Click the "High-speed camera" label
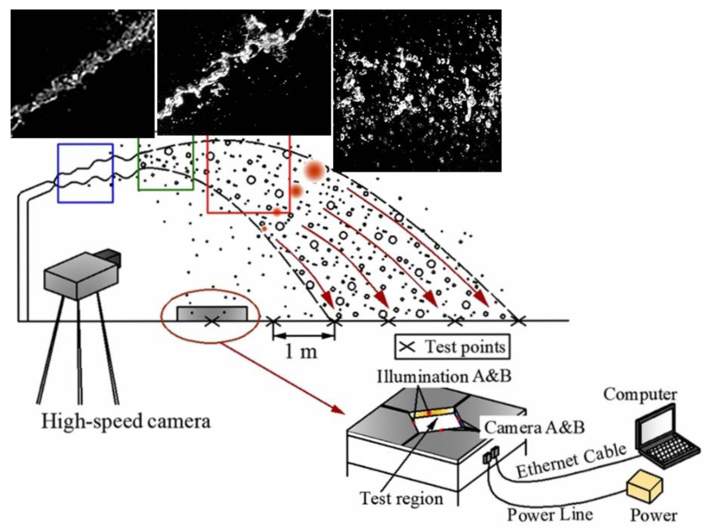pos(126,421)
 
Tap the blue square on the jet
pos(85,173)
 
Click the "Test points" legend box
pos(452,347)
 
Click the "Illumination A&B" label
pos(444,377)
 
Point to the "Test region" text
pos(401,498)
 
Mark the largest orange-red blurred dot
pos(314,171)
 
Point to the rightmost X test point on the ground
pos(518,321)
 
